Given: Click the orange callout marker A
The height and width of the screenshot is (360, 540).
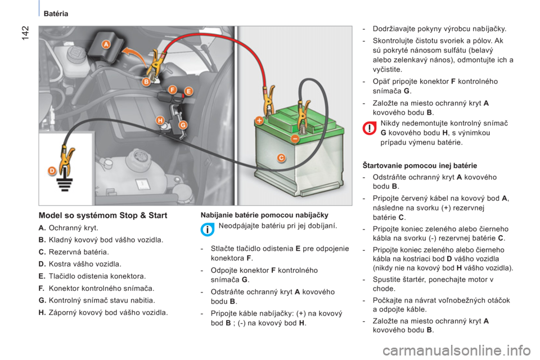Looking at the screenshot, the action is [106, 44].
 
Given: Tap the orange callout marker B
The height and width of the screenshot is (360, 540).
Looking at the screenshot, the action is [146, 82].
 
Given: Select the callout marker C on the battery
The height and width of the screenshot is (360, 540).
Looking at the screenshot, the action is [281, 158].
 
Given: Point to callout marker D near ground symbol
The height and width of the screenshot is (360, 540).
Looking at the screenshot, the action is [52, 171].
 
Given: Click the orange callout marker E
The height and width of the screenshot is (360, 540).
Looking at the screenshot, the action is [188, 91].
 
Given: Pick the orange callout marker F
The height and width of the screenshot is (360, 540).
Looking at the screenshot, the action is [172, 90].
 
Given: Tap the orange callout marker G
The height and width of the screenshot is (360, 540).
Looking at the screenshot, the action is [183, 125].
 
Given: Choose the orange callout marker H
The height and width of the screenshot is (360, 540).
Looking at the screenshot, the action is [160, 120].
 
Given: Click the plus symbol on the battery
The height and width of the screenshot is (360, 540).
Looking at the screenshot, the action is [259, 120].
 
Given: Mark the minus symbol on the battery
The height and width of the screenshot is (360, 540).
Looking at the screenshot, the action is [295, 138].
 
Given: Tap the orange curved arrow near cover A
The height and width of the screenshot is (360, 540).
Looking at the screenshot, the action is [134, 56].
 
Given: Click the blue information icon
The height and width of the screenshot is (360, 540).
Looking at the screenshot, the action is [208, 229].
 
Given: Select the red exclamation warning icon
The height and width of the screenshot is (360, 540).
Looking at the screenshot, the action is [369, 128].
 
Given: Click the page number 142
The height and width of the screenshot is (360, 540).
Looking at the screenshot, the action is [25, 33].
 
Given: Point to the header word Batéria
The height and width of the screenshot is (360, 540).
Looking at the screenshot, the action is [56, 13].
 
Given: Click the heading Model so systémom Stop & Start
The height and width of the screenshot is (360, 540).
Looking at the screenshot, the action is [103, 215].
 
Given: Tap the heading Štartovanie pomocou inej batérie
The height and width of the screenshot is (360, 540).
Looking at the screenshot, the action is [420, 166].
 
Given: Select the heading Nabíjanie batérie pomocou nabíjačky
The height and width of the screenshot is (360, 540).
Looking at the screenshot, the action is [264, 215].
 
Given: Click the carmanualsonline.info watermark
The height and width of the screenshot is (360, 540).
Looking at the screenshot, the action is [457, 351].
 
